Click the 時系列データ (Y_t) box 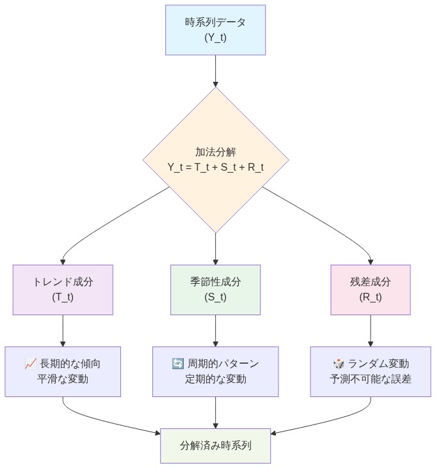point(215,30)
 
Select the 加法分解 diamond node point(215,159)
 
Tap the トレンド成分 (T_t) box point(63,290)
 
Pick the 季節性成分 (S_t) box point(215,290)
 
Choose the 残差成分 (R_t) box point(371,290)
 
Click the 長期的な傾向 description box point(63,371)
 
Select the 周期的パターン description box point(215,371)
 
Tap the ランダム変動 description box point(371,371)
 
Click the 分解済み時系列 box point(215,444)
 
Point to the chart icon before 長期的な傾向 point(30,364)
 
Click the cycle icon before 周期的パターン point(178,364)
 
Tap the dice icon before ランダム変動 point(338,364)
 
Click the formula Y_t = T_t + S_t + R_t point(215,168)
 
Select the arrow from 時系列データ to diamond point(215,70)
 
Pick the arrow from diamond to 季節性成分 point(215,248)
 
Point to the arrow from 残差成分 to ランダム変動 point(371,331)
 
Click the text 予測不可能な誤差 point(371,379)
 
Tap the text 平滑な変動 point(63,379)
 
